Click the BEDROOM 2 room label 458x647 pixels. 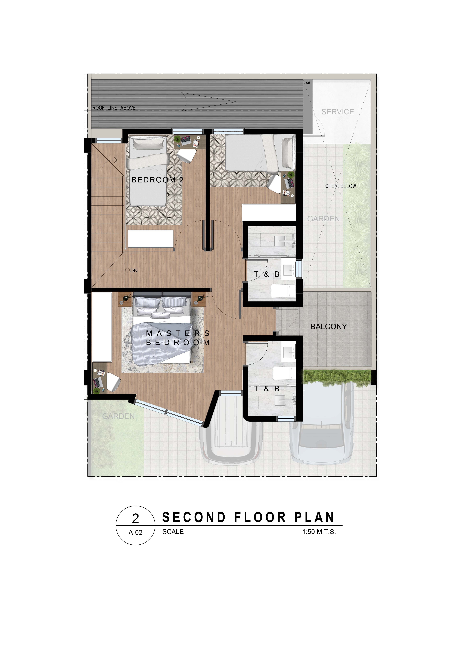[x=157, y=180]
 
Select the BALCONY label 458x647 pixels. [x=329, y=327]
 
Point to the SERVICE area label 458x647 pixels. [x=338, y=112]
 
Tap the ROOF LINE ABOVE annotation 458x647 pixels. [x=114, y=108]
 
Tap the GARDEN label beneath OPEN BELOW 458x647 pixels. [x=324, y=219]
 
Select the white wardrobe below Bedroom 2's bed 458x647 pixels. [x=151, y=239]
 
